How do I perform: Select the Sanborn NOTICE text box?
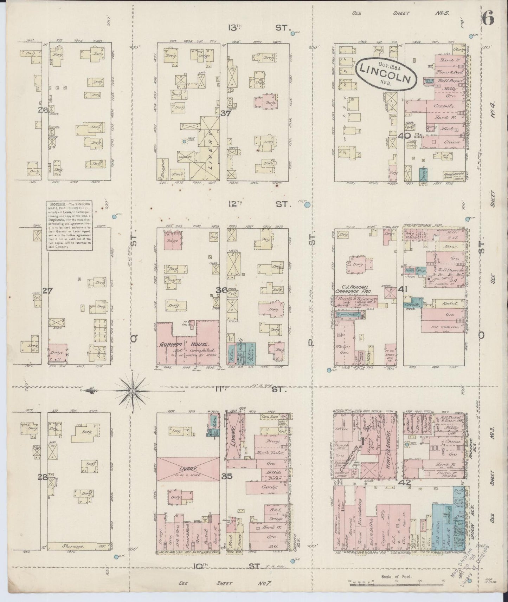70,225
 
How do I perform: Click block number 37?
224,113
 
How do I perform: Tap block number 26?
44,110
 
